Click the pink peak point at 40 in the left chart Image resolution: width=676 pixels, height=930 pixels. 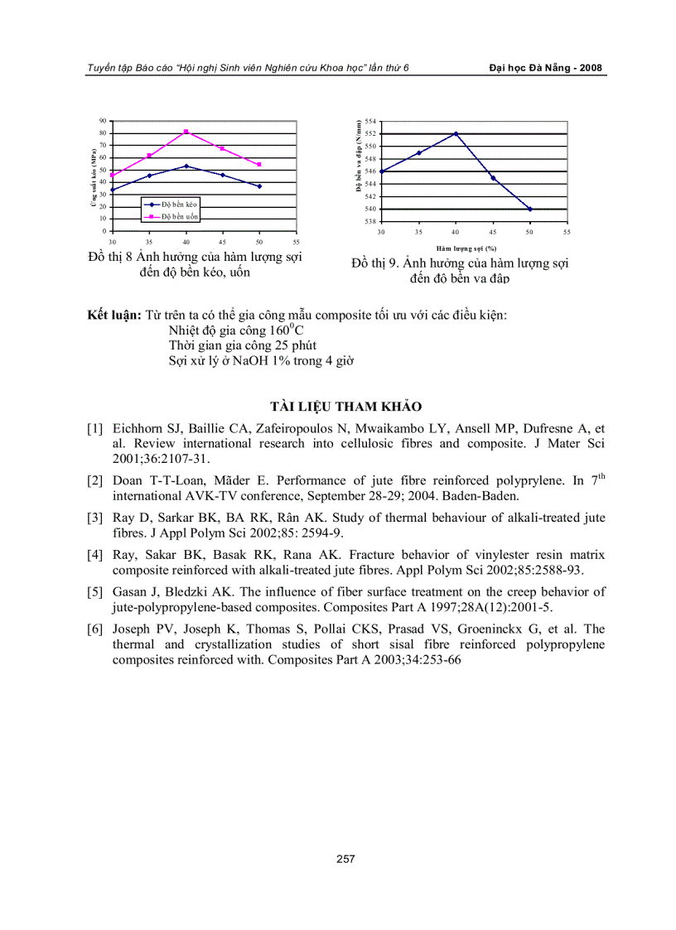point(186,132)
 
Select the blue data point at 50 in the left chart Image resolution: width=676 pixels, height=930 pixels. point(259,186)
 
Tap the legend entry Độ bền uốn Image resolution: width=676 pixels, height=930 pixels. point(180,215)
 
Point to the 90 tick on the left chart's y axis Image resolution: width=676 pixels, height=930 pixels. point(103,121)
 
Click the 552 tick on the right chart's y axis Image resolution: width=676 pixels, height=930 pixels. point(370,133)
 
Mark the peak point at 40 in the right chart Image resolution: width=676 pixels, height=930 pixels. point(456,133)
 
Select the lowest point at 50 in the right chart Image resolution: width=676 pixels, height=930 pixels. point(530,210)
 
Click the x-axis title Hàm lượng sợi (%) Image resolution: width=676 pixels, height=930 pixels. point(468,247)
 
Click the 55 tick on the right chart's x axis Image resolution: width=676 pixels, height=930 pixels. point(567,232)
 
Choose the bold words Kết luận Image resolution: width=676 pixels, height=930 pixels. point(114,316)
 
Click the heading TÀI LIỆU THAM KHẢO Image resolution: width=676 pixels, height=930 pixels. point(345,406)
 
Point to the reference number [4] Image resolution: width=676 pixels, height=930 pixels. point(95,553)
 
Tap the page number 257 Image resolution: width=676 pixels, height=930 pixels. point(345,859)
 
